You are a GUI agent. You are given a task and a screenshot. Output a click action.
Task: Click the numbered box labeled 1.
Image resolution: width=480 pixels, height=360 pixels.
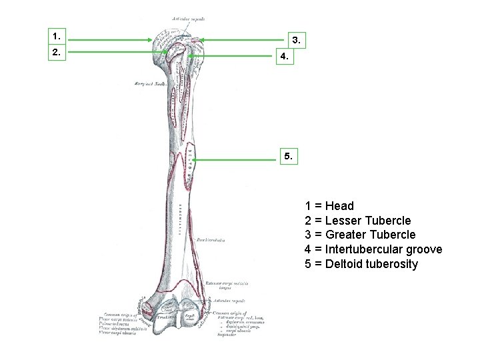[x=57, y=35]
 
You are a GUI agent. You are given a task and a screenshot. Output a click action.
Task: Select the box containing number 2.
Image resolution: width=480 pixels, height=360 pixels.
[x=57, y=51]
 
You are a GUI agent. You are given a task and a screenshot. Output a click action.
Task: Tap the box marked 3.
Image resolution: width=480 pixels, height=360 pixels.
[x=297, y=41]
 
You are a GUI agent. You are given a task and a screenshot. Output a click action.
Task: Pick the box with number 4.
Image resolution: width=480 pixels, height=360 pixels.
[x=285, y=57]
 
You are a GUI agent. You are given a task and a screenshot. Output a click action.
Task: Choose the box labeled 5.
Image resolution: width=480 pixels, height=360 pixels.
[x=287, y=156]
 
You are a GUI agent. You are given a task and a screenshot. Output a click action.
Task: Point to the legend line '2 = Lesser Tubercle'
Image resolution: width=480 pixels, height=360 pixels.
[x=358, y=221]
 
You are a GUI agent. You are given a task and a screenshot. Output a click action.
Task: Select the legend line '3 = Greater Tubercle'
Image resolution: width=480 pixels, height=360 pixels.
[x=360, y=235]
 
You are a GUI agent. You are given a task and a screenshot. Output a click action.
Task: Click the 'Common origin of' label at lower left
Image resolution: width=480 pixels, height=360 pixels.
[x=121, y=314]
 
